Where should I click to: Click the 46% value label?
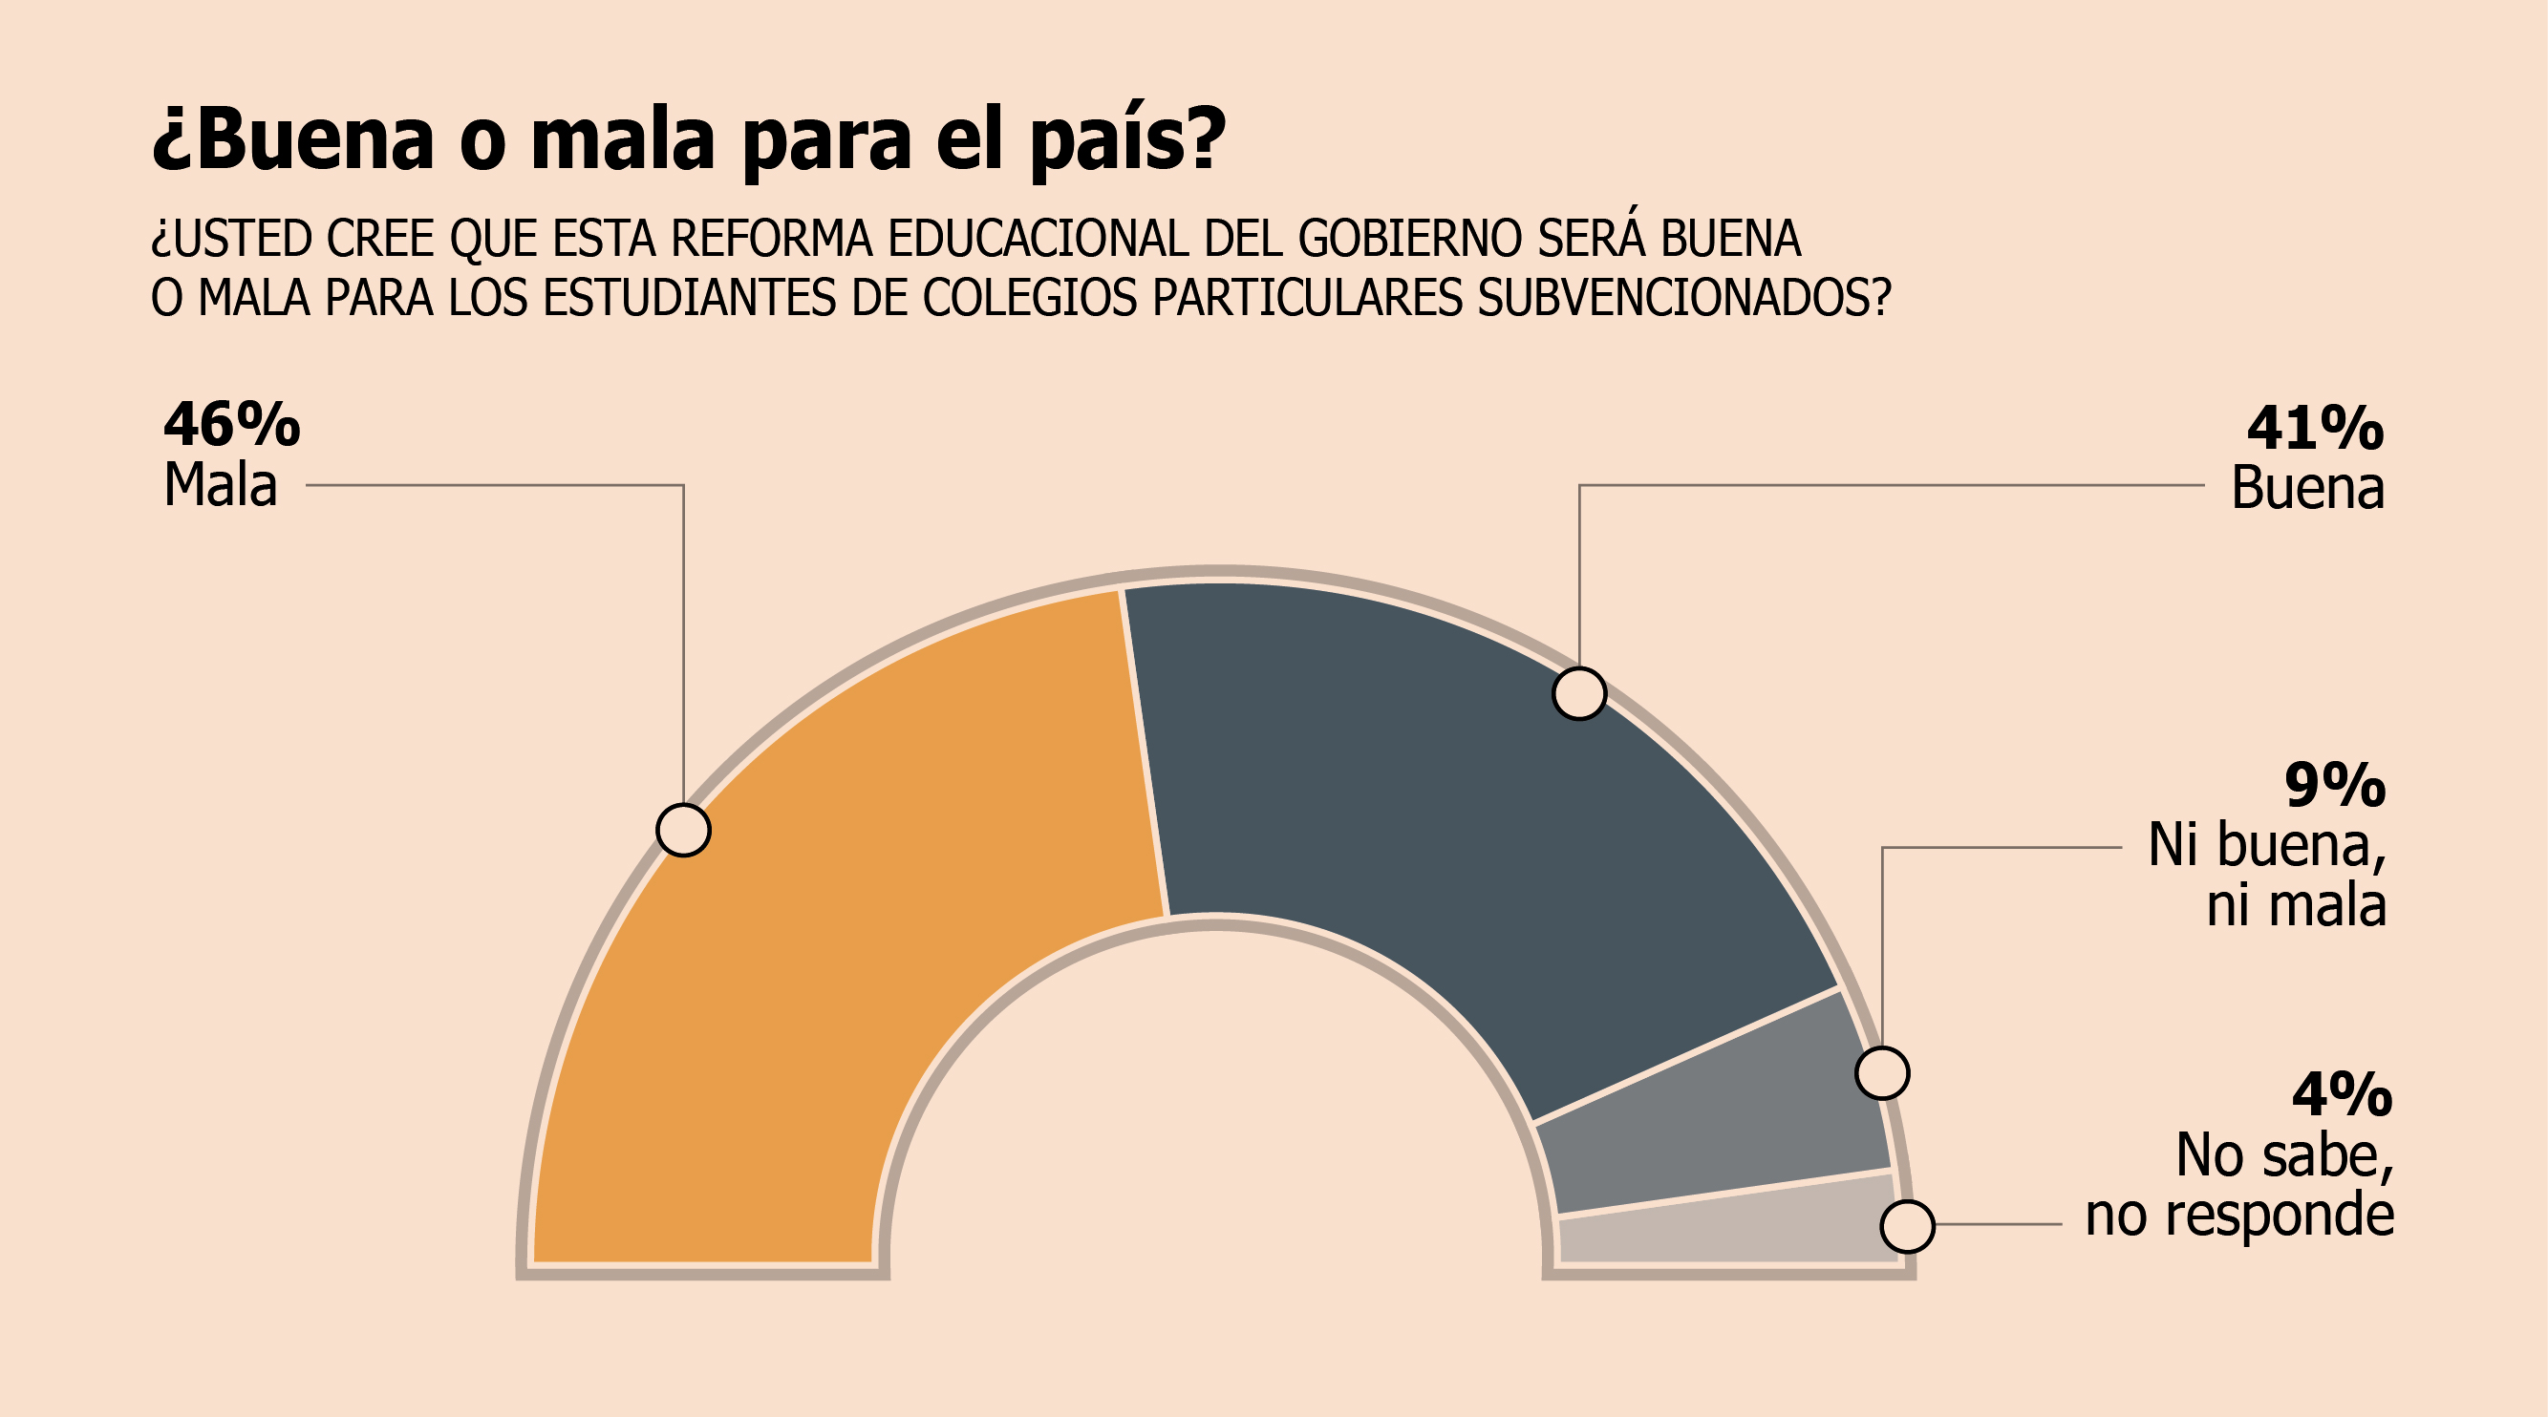pyautogui.click(x=231, y=425)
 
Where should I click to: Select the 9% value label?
pyautogui.click(x=2335, y=786)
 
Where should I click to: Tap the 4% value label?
pyautogui.click(x=2342, y=1094)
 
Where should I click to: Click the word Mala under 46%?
pyautogui.click(x=220, y=485)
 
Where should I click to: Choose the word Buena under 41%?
pyautogui.click(x=2307, y=489)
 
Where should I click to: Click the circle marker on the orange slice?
pyautogui.click(x=683, y=830)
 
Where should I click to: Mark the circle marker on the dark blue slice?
pyautogui.click(x=1579, y=693)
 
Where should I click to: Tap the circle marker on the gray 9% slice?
pyautogui.click(x=1882, y=1073)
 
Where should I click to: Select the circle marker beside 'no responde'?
pyautogui.click(x=1907, y=1226)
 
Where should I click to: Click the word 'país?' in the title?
pyautogui.click(x=1127, y=140)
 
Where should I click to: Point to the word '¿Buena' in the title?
pyautogui.click(x=292, y=140)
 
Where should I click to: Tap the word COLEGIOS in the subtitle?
pyautogui.click(x=1030, y=298)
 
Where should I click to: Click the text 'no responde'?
pyautogui.click(x=2239, y=1216)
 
